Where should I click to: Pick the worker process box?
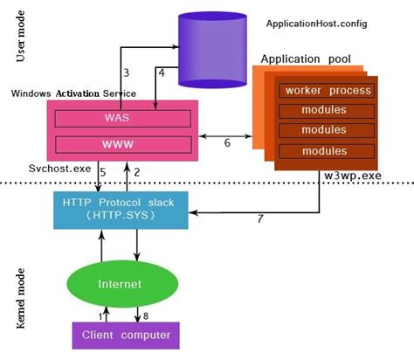pos(326,91)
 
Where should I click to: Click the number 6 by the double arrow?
pos(228,142)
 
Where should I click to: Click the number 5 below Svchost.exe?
pos(102,172)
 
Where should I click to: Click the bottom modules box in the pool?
pos(326,151)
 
